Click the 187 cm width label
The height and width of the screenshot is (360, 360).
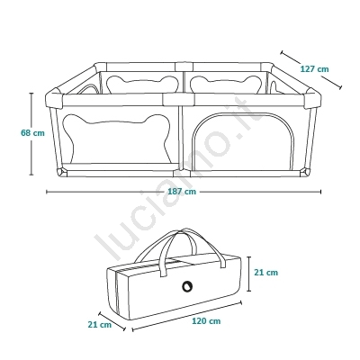182,192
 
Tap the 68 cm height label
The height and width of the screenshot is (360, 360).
32,132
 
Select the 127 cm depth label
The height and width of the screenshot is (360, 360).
314,69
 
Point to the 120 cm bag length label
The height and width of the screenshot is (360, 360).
206,321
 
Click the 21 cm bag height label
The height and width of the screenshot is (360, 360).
266,273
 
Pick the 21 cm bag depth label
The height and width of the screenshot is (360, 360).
100,325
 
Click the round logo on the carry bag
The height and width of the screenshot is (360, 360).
188,286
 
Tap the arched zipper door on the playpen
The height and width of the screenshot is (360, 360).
243,141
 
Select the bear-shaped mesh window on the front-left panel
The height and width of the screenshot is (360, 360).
117,139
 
